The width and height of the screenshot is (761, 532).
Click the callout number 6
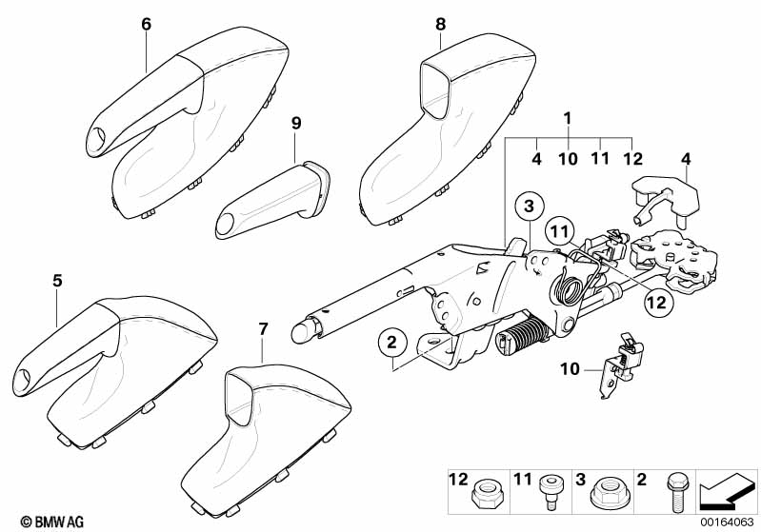pyautogui.click(x=146, y=25)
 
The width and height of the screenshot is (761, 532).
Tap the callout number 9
pyautogui.click(x=296, y=122)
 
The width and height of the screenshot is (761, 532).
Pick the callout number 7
pyautogui.click(x=264, y=328)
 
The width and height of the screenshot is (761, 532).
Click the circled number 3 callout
pyautogui.click(x=530, y=205)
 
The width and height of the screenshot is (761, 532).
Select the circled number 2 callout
pyautogui.click(x=391, y=339)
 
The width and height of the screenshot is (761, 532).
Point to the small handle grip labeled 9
pyautogui.click(x=271, y=199)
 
